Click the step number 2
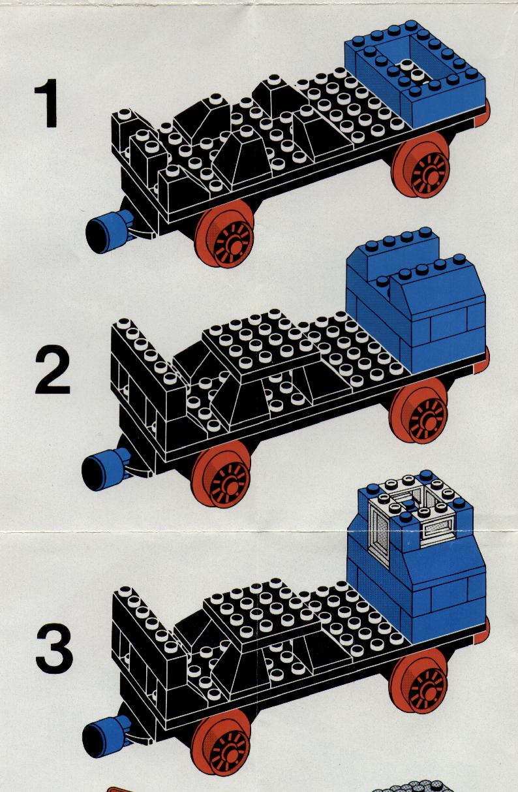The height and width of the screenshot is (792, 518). point(52,370)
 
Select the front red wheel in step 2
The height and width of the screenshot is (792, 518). point(221,474)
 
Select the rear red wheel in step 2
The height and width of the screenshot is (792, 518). point(418,411)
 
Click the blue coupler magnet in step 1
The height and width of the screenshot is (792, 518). point(109,231)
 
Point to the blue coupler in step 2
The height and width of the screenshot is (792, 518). point(106,469)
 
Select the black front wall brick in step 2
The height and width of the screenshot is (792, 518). point(148,375)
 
